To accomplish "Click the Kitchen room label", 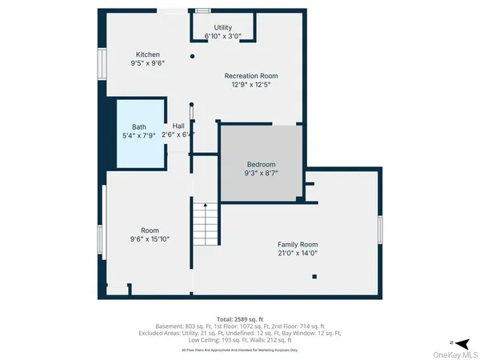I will click(147, 54).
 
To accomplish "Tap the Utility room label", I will click(222, 27).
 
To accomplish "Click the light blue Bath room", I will click(141, 132).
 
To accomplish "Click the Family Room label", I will click(298, 244).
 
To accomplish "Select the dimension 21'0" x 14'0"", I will click(298, 253).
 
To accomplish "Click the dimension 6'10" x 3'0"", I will click(222, 36).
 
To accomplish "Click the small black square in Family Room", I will click(314, 276).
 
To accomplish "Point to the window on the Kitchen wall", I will click(102, 62).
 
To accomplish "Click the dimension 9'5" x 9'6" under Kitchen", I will click(147, 63).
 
